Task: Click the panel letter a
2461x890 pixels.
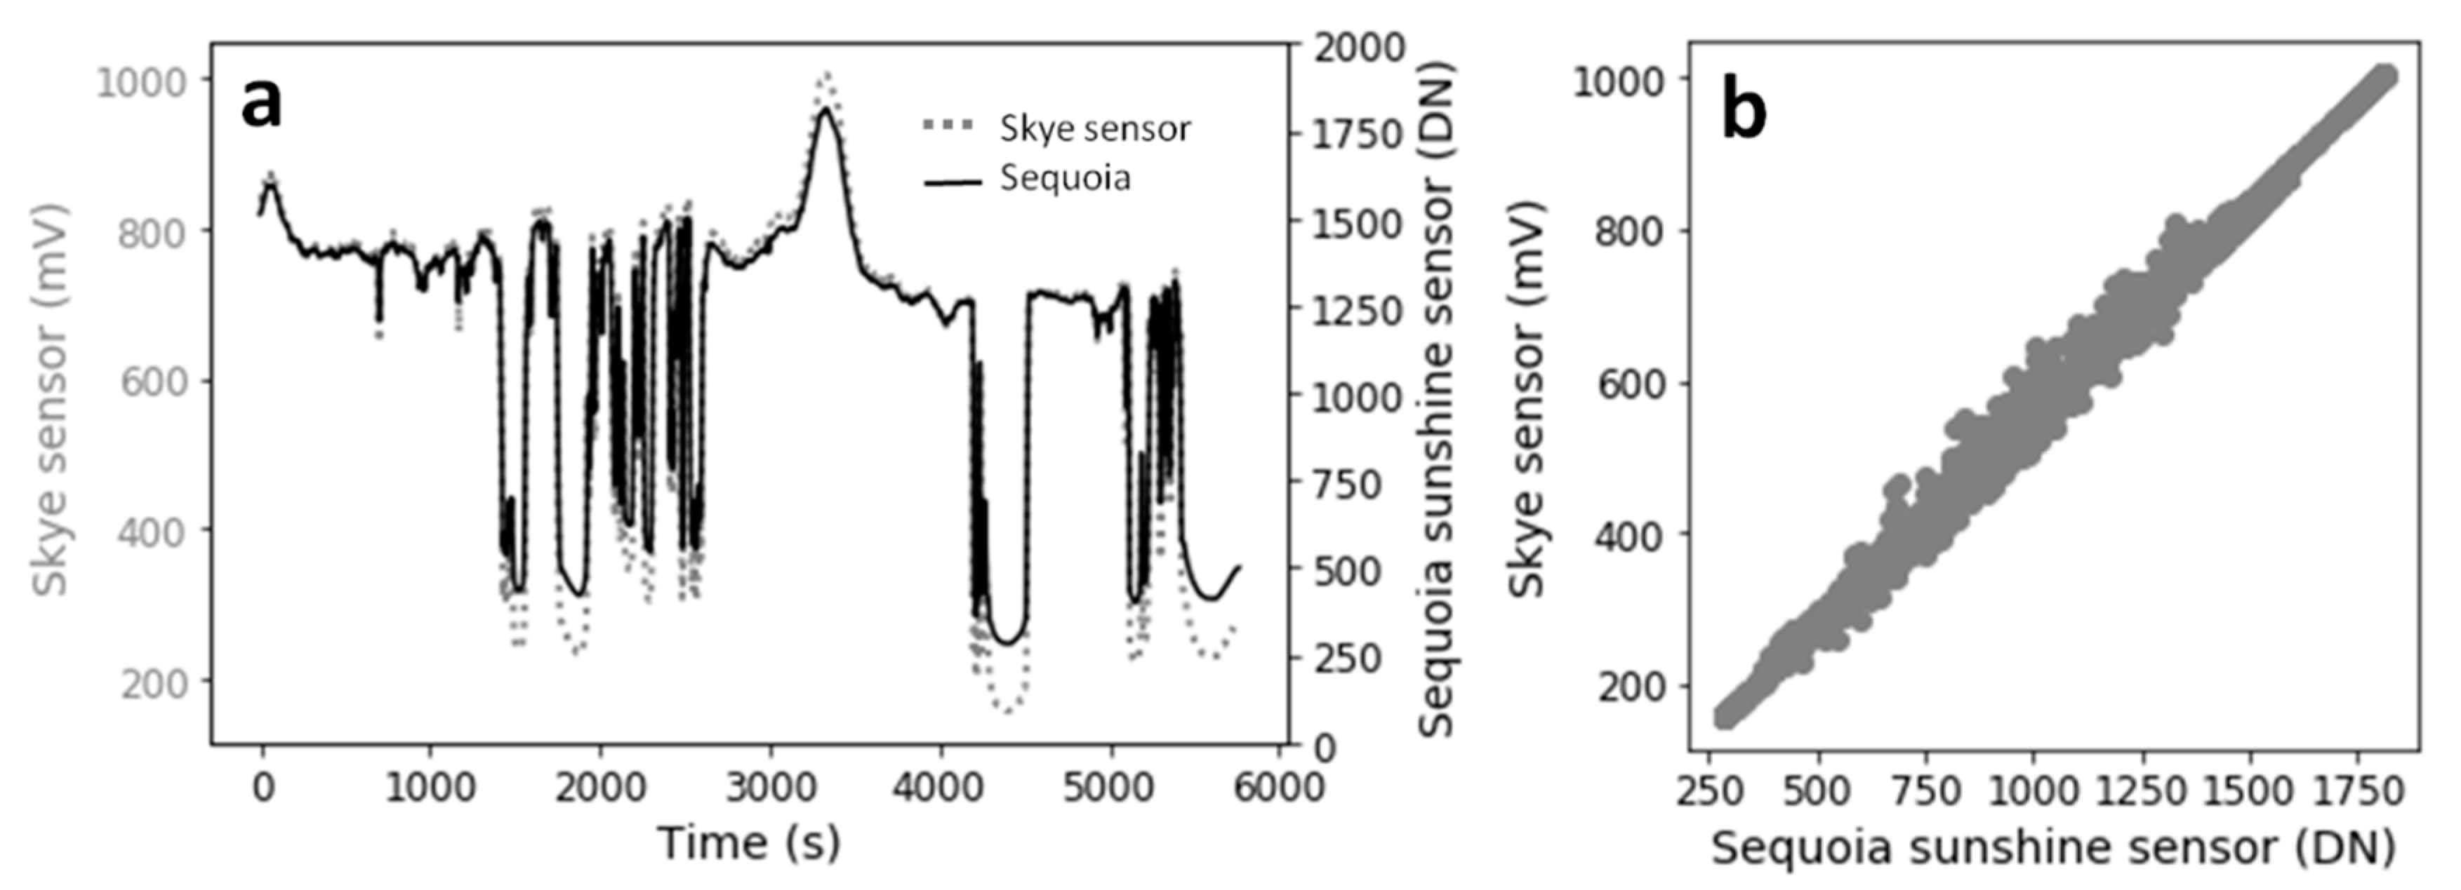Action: point(261,102)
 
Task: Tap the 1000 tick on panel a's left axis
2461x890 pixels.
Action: point(140,83)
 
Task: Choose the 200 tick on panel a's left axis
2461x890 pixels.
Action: point(153,685)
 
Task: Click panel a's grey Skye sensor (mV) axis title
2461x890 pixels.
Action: point(51,399)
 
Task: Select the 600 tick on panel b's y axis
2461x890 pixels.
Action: point(1630,384)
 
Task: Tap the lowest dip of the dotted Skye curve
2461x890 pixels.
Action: point(1007,710)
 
